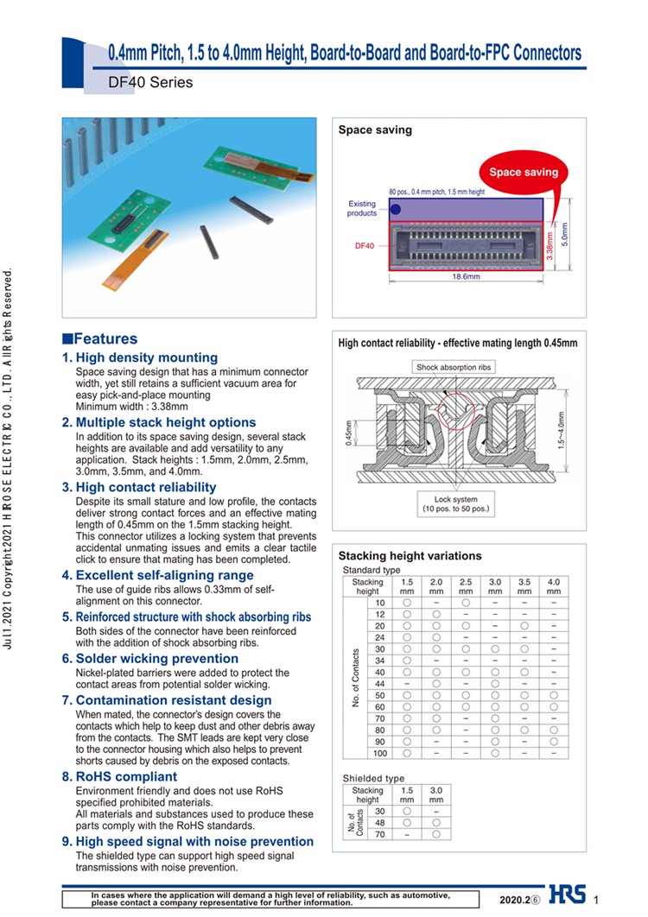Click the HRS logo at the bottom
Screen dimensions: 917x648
tap(567, 895)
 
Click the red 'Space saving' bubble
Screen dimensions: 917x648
tap(524, 172)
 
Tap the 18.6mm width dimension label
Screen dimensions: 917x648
tap(466, 276)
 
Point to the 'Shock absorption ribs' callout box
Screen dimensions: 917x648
tap(454, 367)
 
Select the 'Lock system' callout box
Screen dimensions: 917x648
tap(455, 503)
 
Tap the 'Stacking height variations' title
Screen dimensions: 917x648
tap(410, 556)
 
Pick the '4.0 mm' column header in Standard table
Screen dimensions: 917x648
tap(553, 587)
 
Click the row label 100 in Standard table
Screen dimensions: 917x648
tap(379, 754)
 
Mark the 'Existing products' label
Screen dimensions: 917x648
tap(362, 208)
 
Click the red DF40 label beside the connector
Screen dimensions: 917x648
tap(365, 246)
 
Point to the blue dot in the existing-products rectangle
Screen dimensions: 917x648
tap(396, 209)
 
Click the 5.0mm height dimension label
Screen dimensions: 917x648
tap(564, 234)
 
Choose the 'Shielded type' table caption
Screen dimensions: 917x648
tap(373, 778)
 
